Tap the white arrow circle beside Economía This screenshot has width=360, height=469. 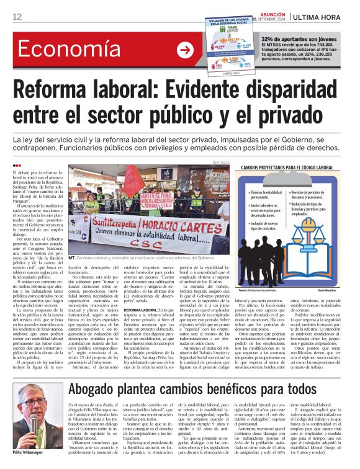(185, 50)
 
